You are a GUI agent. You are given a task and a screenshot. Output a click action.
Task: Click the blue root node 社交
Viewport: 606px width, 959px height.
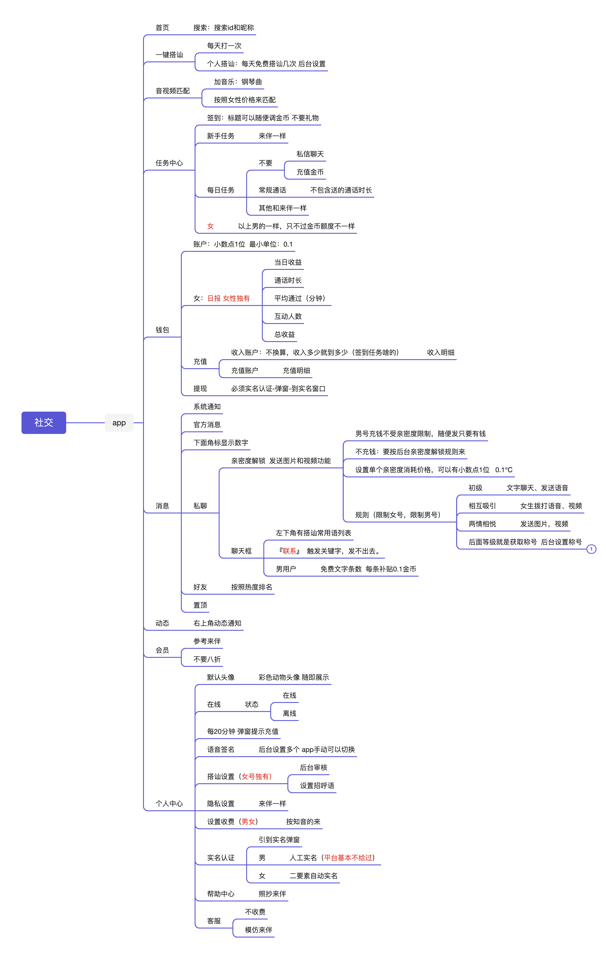(x=44, y=423)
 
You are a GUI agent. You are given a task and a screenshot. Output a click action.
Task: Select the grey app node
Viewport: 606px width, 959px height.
(x=119, y=423)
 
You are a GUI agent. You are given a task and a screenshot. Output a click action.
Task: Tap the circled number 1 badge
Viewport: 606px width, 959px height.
(x=591, y=549)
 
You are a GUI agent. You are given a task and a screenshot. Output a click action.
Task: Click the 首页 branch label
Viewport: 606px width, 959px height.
(x=162, y=27)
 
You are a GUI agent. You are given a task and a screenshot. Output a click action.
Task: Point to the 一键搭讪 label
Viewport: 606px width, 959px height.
(x=169, y=55)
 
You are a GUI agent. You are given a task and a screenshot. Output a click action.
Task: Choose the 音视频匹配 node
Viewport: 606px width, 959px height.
(x=172, y=91)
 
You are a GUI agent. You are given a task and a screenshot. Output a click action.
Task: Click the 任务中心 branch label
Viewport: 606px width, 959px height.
(x=169, y=163)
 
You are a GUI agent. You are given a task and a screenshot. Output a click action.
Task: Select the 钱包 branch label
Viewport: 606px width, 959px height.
(x=162, y=330)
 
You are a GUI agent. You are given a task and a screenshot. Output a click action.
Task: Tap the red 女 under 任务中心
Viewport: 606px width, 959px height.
(x=211, y=226)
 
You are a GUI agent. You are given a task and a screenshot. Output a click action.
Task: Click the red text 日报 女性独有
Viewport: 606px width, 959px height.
(x=229, y=298)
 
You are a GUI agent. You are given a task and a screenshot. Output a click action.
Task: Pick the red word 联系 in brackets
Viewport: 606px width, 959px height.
(x=289, y=551)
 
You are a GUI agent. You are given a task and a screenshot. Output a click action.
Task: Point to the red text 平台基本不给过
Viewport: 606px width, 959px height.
(x=348, y=857)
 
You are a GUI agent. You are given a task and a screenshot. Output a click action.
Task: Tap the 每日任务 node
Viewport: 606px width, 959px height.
(x=221, y=190)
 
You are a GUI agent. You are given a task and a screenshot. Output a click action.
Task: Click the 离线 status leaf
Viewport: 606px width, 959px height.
(x=289, y=713)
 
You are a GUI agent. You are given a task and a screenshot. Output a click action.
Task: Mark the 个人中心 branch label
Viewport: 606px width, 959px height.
(x=169, y=803)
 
